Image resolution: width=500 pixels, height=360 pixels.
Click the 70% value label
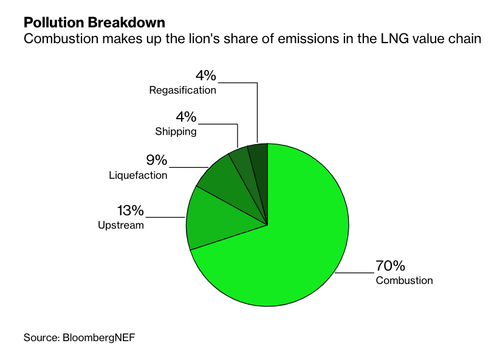click(390, 266)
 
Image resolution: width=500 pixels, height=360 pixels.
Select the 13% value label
click(130, 211)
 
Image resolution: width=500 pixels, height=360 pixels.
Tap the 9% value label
click(156, 160)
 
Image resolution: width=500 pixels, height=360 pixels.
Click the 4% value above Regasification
click(206, 76)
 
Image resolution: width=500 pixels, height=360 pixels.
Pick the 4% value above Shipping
click(186, 117)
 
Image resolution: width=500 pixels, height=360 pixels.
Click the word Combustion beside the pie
click(404, 280)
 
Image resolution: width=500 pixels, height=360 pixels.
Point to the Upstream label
click(121, 225)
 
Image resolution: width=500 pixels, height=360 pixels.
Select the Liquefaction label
click(138, 175)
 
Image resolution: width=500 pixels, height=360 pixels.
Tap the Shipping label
click(176, 131)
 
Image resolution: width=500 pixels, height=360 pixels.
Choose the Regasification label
click(183, 90)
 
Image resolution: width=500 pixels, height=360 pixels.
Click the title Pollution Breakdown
click(94, 23)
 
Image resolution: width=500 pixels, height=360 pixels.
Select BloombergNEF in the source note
click(99, 338)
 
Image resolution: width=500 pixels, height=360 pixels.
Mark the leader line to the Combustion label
click(355, 273)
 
